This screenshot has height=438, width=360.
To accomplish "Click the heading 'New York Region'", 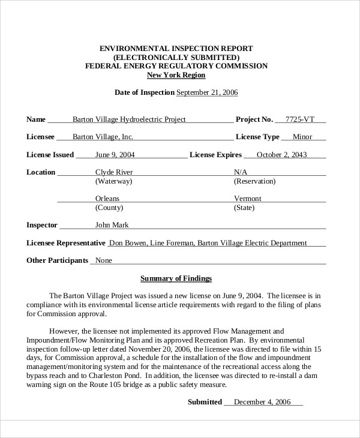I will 176,75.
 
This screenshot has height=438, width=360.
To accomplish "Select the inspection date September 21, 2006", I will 207,92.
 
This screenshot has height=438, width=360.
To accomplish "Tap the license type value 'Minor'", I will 302,137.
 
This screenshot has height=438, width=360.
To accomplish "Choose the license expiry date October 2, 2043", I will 281,154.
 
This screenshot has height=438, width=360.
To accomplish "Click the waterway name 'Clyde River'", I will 114,172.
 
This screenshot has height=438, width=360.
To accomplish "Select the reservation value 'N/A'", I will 241,172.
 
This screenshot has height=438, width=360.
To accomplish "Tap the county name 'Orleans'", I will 107,198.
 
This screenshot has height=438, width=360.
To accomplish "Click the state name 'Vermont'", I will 247,198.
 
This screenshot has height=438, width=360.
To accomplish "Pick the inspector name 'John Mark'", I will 112,225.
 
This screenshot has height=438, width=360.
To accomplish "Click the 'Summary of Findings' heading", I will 176,278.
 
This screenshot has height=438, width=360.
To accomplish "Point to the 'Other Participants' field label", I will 58,260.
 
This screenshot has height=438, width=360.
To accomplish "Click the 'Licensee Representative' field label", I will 66,243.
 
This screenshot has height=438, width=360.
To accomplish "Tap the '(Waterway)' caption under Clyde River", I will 114,181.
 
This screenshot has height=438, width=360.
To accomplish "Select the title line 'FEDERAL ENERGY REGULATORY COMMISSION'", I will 176,66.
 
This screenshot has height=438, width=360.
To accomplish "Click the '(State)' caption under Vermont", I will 244,208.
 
